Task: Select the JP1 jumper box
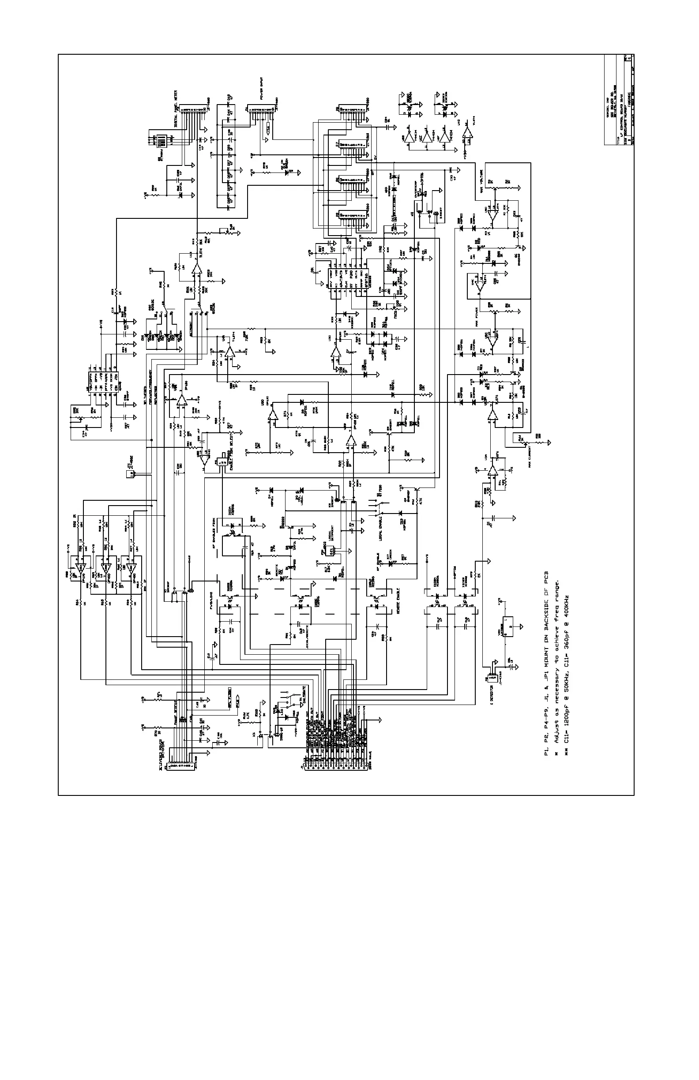click(131, 474)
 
